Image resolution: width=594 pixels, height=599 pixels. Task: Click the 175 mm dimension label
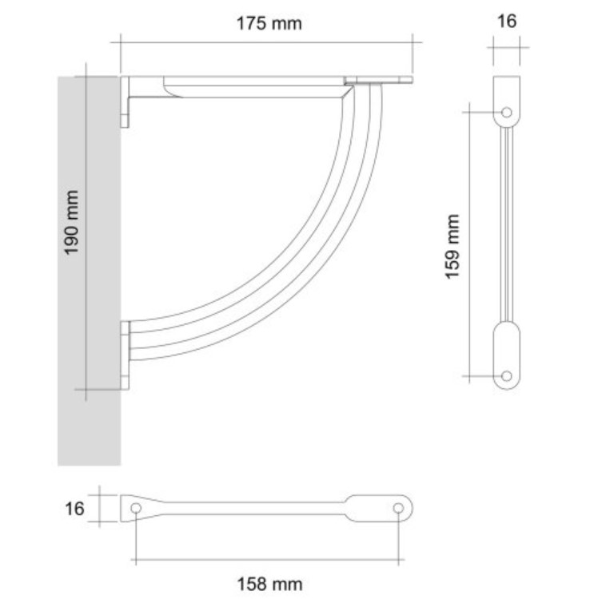tap(269, 23)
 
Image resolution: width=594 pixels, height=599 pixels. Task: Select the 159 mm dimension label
tap(454, 246)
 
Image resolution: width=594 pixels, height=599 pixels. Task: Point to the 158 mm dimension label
tap(269, 585)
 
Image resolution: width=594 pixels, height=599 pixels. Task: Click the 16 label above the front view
tap(507, 22)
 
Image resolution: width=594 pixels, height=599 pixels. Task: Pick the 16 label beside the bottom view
tap(74, 509)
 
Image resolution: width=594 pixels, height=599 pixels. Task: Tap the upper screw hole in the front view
tap(506, 113)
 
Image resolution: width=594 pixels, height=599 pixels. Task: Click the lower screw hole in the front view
tap(506, 375)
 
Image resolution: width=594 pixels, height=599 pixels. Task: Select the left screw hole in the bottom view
tap(137, 508)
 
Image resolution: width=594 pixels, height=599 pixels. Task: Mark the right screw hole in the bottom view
tap(398, 508)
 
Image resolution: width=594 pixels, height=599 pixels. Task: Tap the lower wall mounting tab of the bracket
tap(126, 355)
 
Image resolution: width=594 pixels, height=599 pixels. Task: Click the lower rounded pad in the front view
tap(506, 351)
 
